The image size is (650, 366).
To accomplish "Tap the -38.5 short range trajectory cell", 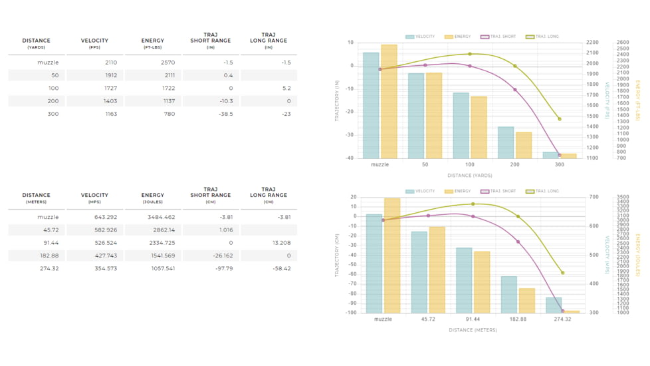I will pyautogui.click(x=226, y=114).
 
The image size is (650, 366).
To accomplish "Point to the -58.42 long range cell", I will pyautogui.click(x=280, y=268).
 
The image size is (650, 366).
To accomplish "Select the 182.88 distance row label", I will pyautogui.click(x=49, y=256).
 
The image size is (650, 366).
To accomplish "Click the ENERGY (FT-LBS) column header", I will pyautogui.click(x=153, y=43).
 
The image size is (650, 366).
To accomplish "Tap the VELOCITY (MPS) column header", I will pyautogui.click(x=94, y=198).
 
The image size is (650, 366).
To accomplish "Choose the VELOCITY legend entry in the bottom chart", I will pyautogui.click(x=420, y=192).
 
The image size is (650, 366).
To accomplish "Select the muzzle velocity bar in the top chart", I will pyautogui.click(x=371, y=104).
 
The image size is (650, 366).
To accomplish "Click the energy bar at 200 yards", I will pyautogui.click(x=524, y=144).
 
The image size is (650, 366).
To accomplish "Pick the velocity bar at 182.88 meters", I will pyautogui.click(x=508, y=294).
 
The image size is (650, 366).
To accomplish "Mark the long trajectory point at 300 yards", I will pyautogui.click(x=560, y=119).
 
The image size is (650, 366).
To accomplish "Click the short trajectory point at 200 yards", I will pyautogui.click(x=515, y=90).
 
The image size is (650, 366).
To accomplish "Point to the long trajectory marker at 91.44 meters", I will pyautogui.click(x=473, y=204).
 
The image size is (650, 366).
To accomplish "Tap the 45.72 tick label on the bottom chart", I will pyautogui.click(x=428, y=319).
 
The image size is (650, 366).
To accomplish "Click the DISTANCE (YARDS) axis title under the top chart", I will pyautogui.click(x=469, y=176).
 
